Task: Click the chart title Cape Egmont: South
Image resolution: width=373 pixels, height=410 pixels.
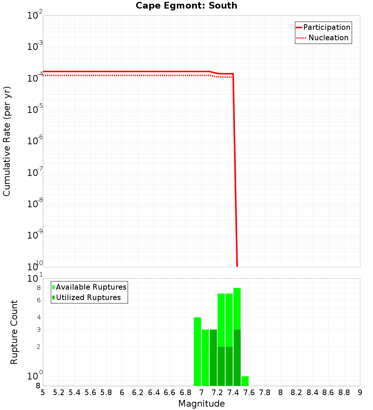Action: (x=186, y=6)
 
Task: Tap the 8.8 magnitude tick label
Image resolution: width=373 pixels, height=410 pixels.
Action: (x=344, y=392)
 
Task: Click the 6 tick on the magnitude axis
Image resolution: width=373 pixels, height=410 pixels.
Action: (x=122, y=392)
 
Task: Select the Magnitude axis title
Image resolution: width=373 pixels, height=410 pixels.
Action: (x=201, y=404)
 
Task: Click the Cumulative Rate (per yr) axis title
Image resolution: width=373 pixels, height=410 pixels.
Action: (x=7, y=141)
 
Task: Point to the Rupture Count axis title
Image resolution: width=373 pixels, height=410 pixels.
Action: (x=14, y=332)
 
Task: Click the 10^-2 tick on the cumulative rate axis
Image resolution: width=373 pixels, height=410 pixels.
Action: (x=35, y=16)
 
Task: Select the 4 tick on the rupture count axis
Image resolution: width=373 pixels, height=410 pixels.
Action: (x=38, y=317)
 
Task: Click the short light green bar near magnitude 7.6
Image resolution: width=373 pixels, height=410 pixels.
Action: (x=245, y=381)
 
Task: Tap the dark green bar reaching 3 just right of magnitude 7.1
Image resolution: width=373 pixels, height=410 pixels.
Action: (x=213, y=358)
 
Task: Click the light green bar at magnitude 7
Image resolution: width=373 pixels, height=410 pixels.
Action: (x=205, y=358)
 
